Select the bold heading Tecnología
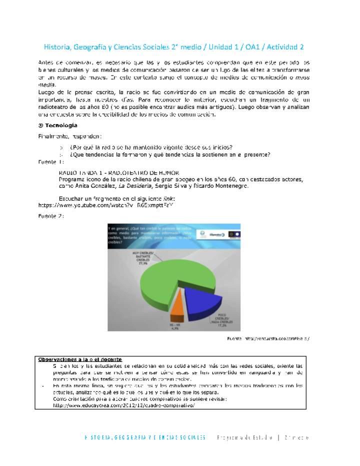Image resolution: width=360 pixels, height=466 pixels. click(60, 125)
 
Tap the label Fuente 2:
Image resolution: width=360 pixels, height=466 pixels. click(50, 215)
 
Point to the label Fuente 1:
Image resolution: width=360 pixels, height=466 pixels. click(50, 162)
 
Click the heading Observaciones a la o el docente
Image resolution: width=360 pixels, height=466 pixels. click(80, 359)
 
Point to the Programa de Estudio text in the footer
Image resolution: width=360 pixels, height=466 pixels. click(243, 437)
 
